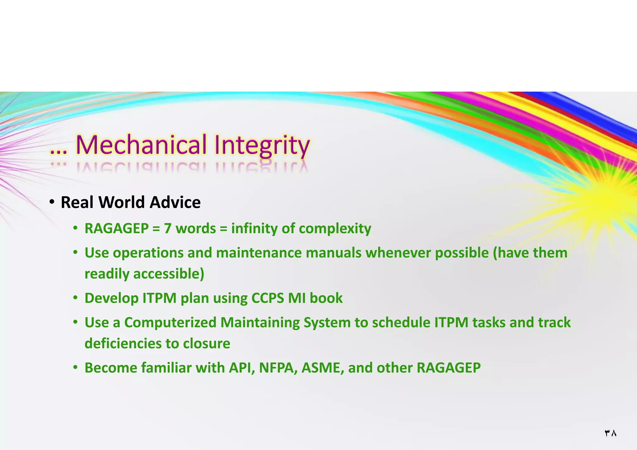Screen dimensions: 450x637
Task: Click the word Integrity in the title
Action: [x=262, y=146]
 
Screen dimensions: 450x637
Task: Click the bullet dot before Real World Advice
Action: [x=52, y=202]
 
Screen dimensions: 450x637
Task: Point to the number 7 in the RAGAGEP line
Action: [x=168, y=229]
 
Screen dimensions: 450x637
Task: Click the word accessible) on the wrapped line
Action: [x=169, y=274]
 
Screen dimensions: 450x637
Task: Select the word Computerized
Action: [x=170, y=322]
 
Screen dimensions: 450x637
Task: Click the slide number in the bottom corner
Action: [x=610, y=433]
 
